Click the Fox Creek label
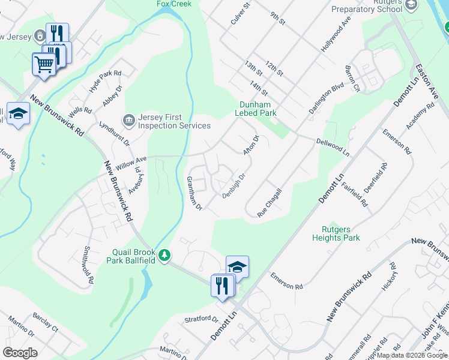(174, 4)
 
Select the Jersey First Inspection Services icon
(128, 121)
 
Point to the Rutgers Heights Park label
(336, 233)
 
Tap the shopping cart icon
(43, 64)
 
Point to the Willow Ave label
(131, 163)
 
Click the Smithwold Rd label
(89, 265)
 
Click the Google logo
(20, 353)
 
